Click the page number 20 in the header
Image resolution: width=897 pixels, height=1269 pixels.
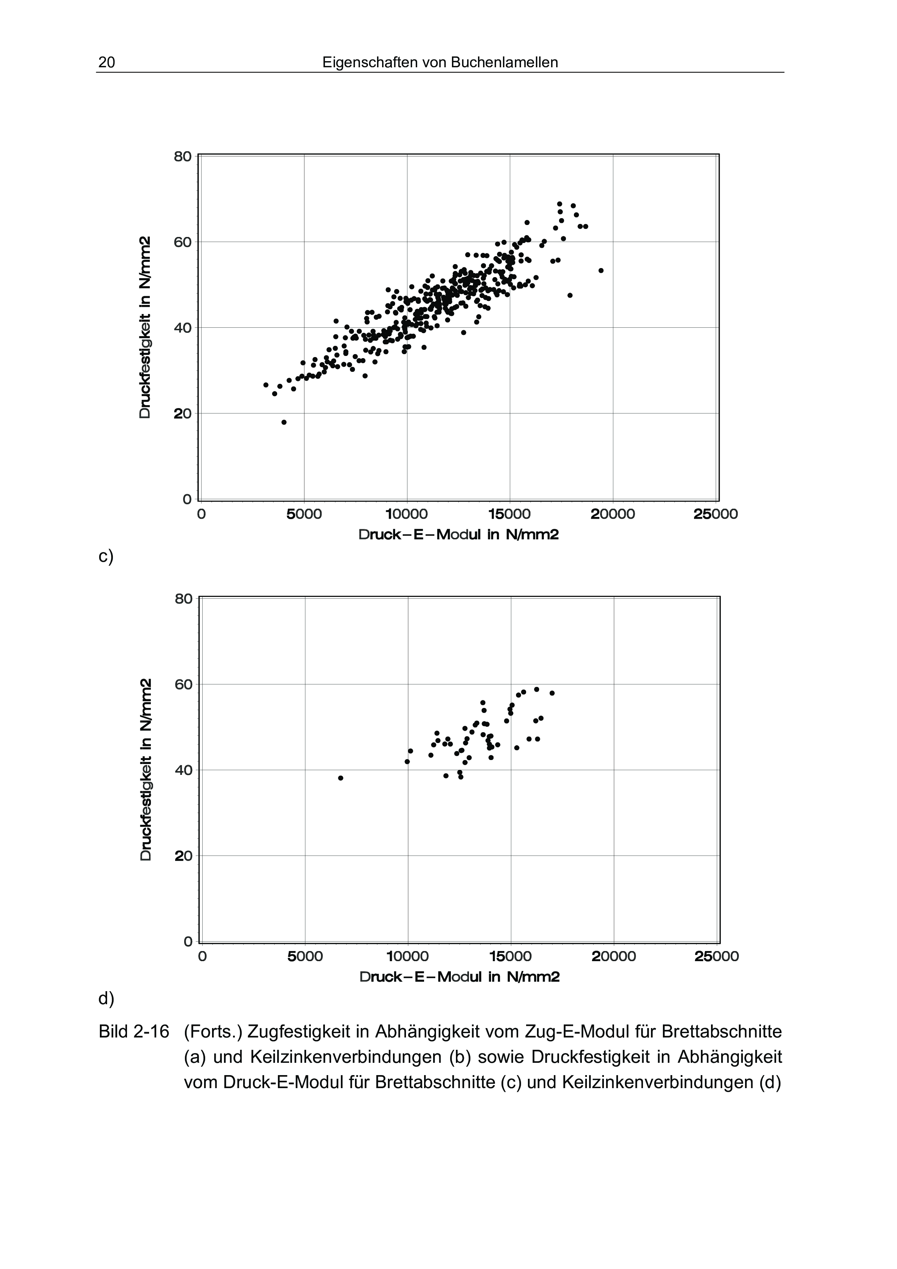tap(107, 63)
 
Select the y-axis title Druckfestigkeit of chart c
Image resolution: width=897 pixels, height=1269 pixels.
tap(145, 327)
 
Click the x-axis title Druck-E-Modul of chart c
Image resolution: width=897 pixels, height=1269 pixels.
tap(459, 535)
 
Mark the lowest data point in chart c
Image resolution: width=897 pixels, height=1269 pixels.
tap(284, 422)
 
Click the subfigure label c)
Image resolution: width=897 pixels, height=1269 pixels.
tap(106, 557)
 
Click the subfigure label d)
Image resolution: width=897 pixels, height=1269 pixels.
tap(106, 999)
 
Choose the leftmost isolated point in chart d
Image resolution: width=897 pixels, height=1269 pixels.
tap(340, 778)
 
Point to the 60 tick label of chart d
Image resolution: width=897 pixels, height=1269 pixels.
tap(183, 684)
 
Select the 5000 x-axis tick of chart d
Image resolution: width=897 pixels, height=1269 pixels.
tap(305, 957)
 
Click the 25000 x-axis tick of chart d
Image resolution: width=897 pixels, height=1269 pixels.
tap(717, 957)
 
